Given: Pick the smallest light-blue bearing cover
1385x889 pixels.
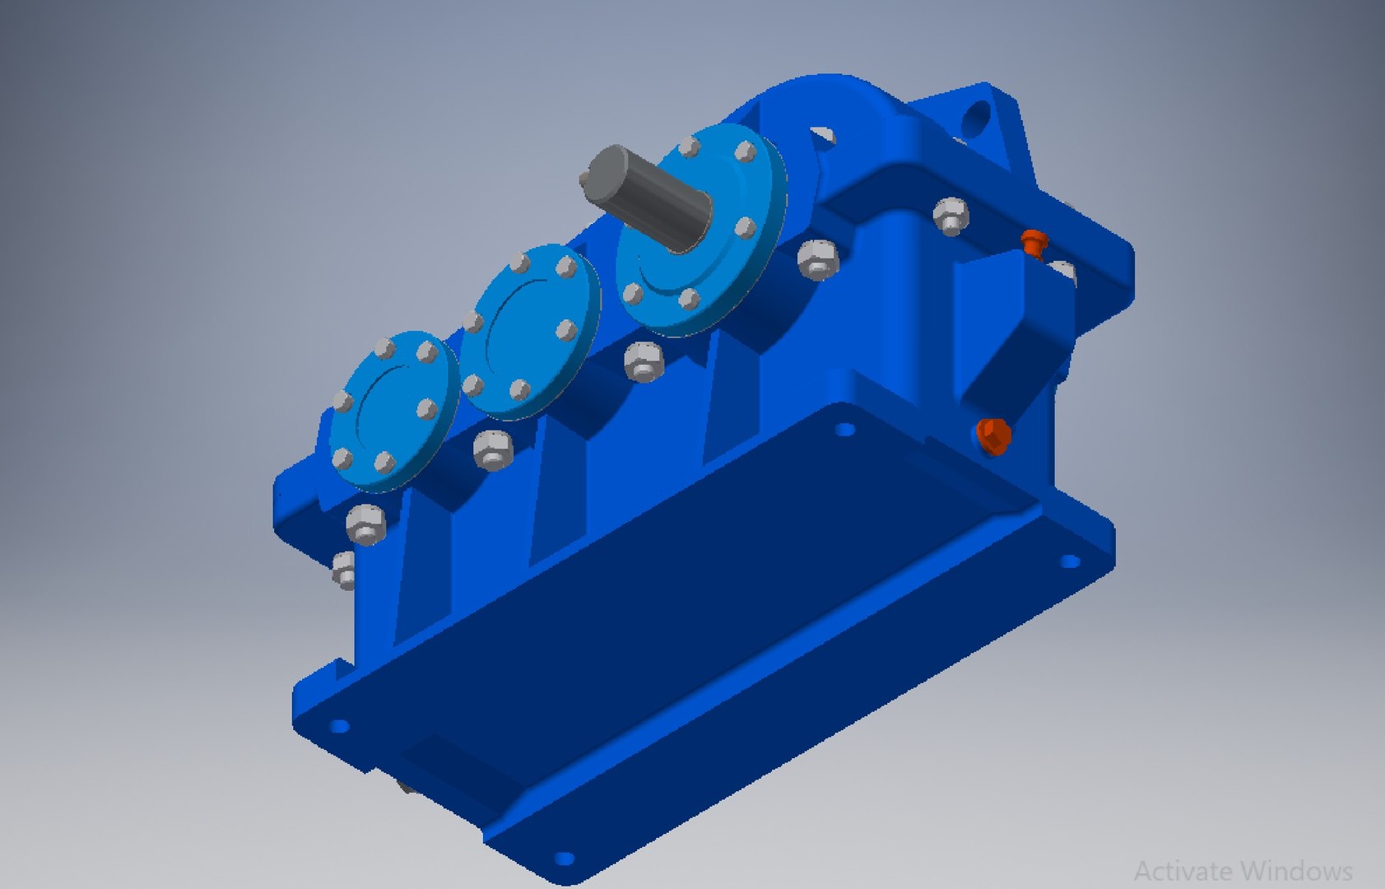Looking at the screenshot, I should pos(393,412).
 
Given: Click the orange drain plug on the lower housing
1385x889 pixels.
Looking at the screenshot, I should pos(994,435).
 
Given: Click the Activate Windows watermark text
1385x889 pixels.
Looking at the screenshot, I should pos(1243,870).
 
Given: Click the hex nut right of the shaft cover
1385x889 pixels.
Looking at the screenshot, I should pos(819,259).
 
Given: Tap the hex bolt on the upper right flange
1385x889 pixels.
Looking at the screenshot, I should pos(950,216).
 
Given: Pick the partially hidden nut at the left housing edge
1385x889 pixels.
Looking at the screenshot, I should pos(344,570).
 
